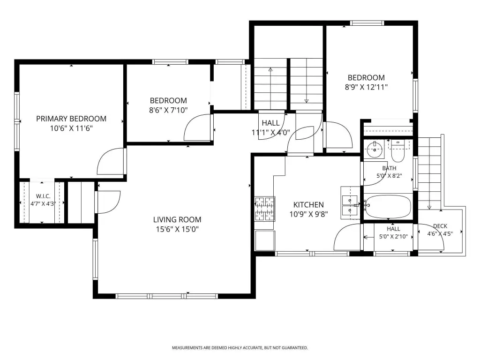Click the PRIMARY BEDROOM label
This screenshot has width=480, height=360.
click(71, 119)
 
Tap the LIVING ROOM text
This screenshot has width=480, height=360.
click(177, 219)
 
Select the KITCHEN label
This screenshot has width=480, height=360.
click(308, 205)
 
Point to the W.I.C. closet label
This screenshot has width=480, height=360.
click(43, 196)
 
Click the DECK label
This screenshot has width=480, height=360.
click(440, 226)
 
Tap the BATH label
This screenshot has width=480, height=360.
click(389, 168)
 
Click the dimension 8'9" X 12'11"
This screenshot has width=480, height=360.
click(367, 87)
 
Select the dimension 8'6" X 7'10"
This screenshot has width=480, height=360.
click(168, 110)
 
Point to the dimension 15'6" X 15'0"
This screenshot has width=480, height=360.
click(177, 229)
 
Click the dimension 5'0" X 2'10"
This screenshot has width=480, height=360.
click(393, 236)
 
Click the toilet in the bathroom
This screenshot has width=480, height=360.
click(398, 151)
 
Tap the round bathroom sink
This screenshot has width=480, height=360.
click(375, 150)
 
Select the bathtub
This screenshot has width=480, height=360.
click(388, 207)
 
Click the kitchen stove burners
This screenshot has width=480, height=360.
click(265, 209)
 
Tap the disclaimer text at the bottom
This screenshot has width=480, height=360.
click(240, 348)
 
